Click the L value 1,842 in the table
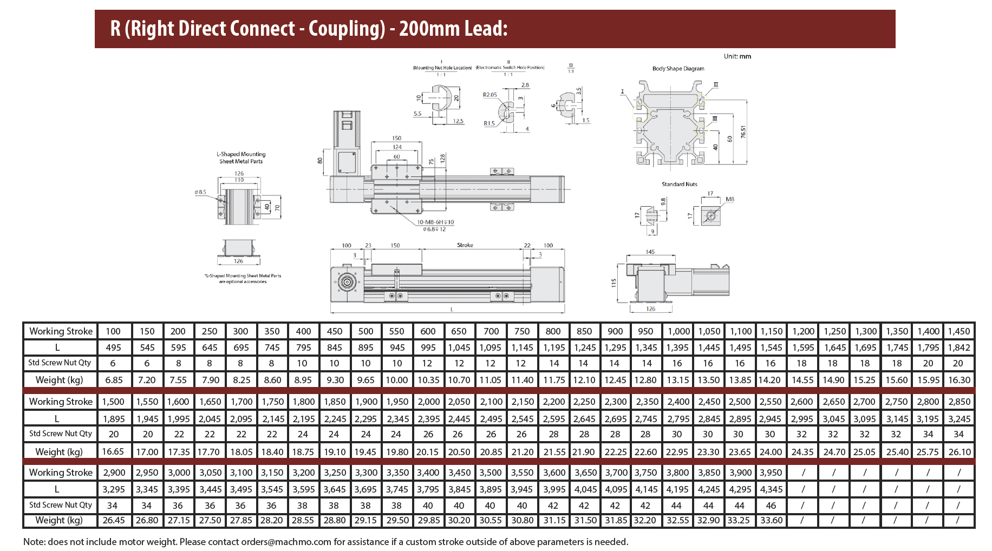(959, 347)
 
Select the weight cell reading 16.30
(959, 380)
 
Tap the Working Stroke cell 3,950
(771, 473)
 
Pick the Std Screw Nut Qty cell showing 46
(771, 506)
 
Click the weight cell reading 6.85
(114, 380)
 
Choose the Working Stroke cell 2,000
(428, 402)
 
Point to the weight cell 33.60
(771, 520)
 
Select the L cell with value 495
(113, 347)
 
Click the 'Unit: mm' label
(737, 56)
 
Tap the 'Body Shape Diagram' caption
(678, 69)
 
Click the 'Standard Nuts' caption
(679, 185)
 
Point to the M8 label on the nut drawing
(729, 200)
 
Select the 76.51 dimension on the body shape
(743, 132)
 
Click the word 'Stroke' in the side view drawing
(465, 245)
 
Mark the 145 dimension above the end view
(650, 252)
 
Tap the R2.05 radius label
(490, 95)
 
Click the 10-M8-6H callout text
(435, 222)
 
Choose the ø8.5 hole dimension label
(200, 192)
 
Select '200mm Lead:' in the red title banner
(453, 29)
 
